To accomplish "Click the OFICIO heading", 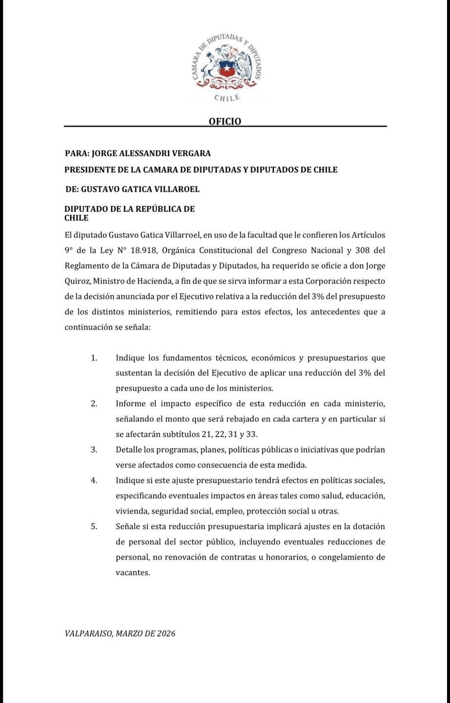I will (225, 121).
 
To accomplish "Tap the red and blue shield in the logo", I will (226, 68).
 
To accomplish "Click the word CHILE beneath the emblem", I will (227, 98).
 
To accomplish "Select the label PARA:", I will (77, 153).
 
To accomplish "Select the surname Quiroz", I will (78, 281).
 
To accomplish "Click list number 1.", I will (94, 358).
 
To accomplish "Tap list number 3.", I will (94, 450).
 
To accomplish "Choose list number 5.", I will (94, 526).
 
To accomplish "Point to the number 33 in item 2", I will (251, 434).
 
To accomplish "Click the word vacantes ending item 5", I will (132, 573).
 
